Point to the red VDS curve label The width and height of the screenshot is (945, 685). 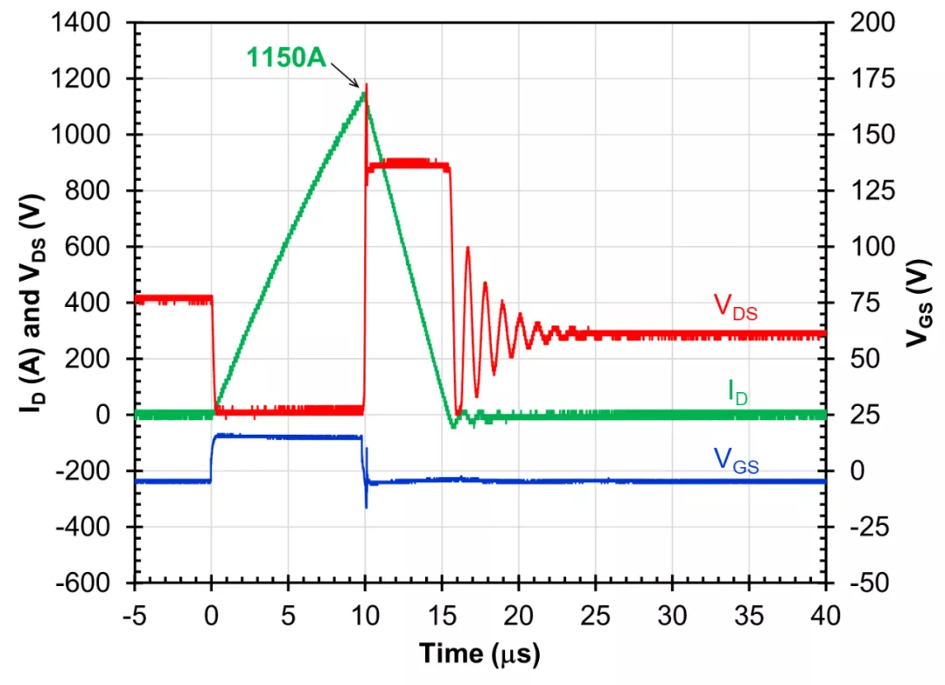736,306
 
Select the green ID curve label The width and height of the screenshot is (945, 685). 737,393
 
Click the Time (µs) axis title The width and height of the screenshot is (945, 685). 479,654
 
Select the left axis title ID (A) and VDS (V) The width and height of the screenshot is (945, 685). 24,302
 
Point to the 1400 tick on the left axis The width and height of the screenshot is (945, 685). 87,23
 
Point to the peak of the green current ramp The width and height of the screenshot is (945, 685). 364,93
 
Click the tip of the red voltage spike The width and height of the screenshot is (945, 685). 366,84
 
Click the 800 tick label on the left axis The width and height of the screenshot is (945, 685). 93,191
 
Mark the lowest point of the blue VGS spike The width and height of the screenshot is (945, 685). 366,507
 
